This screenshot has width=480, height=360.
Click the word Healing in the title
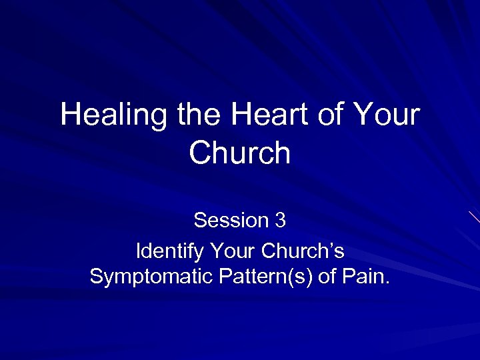click(x=115, y=115)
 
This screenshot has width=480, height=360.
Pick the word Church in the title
click(x=240, y=153)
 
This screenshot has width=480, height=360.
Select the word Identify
click(x=170, y=253)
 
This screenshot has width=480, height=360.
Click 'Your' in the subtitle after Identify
click(x=233, y=253)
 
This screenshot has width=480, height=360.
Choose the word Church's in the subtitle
click(x=303, y=253)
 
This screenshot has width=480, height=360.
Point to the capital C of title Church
click(x=201, y=153)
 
